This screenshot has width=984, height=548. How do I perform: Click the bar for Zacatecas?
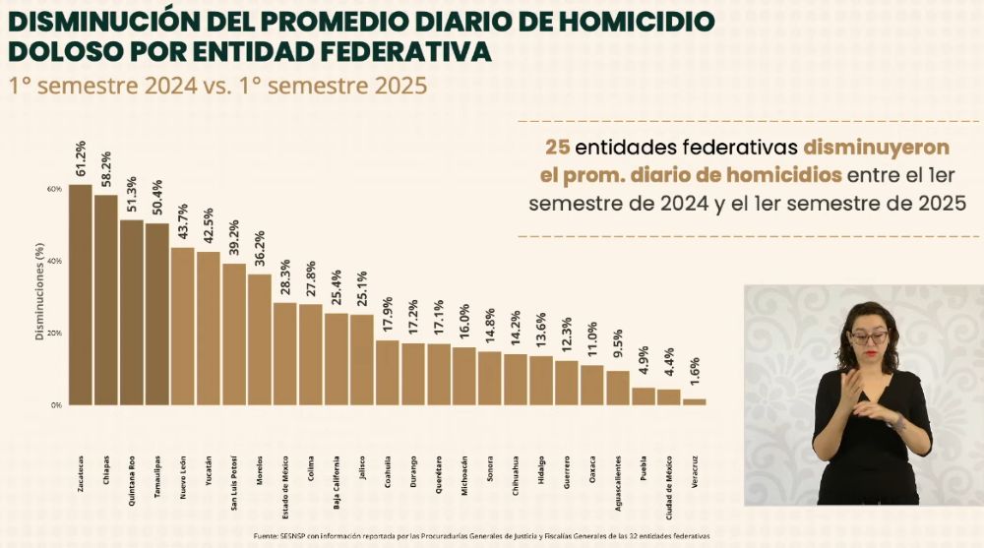[81, 295]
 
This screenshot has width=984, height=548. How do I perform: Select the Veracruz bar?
[695, 401]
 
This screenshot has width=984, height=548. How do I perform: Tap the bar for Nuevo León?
[182, 326]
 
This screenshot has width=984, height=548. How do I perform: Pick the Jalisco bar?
[362, 359]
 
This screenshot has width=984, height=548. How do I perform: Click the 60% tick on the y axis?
[53, 188]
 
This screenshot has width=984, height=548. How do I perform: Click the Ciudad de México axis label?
[669, 478]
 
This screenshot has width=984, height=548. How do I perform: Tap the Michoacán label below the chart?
[464, 470]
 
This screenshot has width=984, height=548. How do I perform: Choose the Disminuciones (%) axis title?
[38, 295]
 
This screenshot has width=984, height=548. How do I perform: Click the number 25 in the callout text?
[557, 148]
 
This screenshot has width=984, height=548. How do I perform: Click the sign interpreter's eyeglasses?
[868, 336]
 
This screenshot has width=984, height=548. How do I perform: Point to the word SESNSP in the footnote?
[293, 536]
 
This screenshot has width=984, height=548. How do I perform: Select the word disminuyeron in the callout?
[877, 148]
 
